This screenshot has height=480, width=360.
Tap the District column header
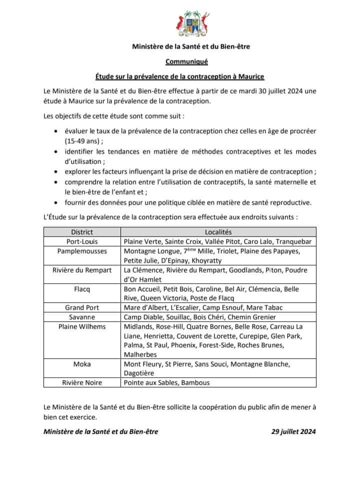tap(82, 232)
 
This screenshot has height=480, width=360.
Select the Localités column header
tap(218, 232)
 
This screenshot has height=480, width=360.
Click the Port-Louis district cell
tap(82, 241)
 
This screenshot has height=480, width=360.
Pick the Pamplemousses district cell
tap(82, 251)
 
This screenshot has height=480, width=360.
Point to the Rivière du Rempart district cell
tap(82, 270)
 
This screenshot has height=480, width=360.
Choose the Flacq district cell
tap(82, 289)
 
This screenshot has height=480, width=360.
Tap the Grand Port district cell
tap(82, 307)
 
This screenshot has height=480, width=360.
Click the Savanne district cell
tap(82, 317)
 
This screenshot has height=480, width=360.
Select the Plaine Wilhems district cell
tap(82, 326)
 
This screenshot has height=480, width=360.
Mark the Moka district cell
tap(82, 364)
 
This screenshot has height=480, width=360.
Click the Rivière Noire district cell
tap(82, 383)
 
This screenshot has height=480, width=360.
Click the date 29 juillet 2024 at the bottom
tap(290, 431)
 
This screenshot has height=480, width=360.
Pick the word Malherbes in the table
tap(141, 354)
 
